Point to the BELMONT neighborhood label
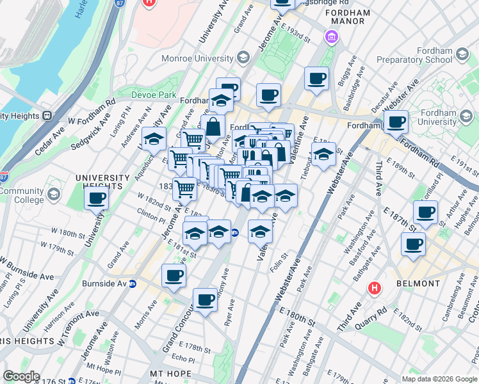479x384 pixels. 418,284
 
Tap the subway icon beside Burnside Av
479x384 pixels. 133,284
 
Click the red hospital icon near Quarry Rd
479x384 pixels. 375,289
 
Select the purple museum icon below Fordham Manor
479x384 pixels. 331,37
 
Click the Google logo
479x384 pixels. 21,376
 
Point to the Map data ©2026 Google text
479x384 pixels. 439,379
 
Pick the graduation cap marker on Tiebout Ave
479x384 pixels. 324,154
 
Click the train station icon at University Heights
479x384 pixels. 46,116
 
